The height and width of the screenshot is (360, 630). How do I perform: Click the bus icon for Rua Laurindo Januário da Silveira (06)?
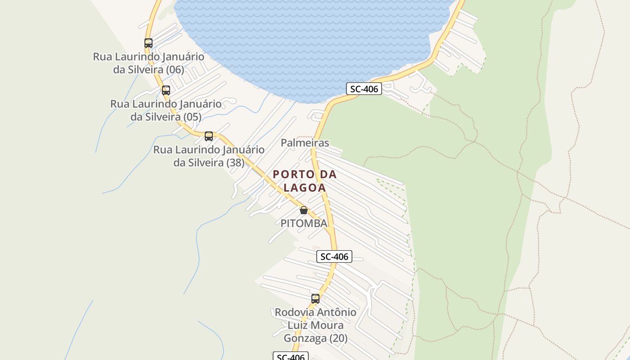coord(148,43)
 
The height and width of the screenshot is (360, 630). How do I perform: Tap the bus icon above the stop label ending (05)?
coord(166,90)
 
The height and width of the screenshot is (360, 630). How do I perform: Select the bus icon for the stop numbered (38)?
coord(209,136)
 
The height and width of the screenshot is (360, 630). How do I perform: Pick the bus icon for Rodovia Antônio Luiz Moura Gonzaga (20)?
coord(315,298)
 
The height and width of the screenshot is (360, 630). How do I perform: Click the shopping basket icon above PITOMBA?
coord(304,210)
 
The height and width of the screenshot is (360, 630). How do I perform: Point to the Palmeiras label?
coord(305,143)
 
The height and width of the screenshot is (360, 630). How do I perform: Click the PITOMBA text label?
coord(304,223)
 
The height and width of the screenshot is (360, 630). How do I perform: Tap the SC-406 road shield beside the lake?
coord(364,89)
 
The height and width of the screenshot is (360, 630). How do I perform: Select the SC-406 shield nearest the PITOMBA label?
coord(334,256)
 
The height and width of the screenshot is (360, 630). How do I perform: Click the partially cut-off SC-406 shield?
coord(291,357)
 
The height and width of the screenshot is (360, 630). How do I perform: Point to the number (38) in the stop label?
coord(235,162)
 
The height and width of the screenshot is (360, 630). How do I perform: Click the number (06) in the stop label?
coord(175,70)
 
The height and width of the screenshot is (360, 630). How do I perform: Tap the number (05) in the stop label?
coord(192,117)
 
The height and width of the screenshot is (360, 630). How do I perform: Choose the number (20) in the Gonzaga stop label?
coord(338,338)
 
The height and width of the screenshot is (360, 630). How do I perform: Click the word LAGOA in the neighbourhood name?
coord(305,188)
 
